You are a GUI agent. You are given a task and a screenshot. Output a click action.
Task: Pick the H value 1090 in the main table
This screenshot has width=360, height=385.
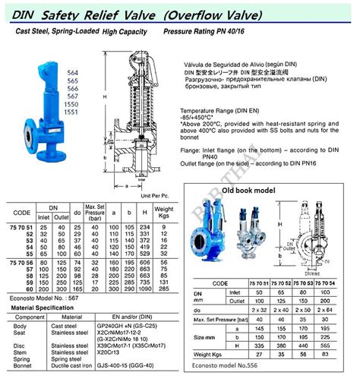click(145, 289)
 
